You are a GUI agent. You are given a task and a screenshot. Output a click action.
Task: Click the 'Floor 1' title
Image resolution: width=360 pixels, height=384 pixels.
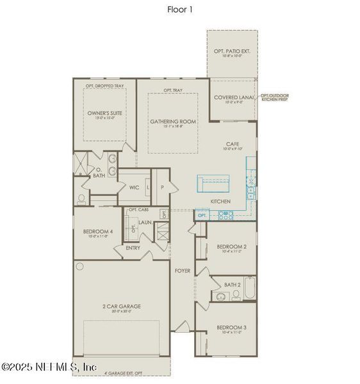[179, 10]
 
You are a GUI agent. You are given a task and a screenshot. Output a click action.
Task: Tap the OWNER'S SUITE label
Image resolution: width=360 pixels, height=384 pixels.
[104, 113]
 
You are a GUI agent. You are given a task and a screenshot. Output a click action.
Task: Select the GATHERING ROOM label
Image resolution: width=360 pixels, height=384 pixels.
[173, 121]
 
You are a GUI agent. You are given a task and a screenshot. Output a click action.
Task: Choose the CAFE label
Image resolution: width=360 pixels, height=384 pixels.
[232, 145]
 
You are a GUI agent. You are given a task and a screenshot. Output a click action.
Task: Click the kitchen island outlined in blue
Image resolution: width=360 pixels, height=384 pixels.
[217, 184]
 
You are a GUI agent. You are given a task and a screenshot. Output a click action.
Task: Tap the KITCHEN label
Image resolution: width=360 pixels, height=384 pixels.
[220, 202]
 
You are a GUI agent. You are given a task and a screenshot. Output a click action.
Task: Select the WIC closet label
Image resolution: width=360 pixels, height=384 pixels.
[135, 188]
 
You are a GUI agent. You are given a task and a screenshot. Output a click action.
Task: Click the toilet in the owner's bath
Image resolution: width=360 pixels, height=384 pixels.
[81, 197]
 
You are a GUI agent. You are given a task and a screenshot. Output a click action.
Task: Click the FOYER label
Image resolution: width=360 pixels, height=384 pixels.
[183, 271]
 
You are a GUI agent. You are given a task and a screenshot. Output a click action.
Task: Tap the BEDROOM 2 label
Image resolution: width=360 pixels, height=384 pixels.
[231, 246]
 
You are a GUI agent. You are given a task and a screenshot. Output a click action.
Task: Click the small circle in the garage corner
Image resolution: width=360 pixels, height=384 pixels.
[80, 266]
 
